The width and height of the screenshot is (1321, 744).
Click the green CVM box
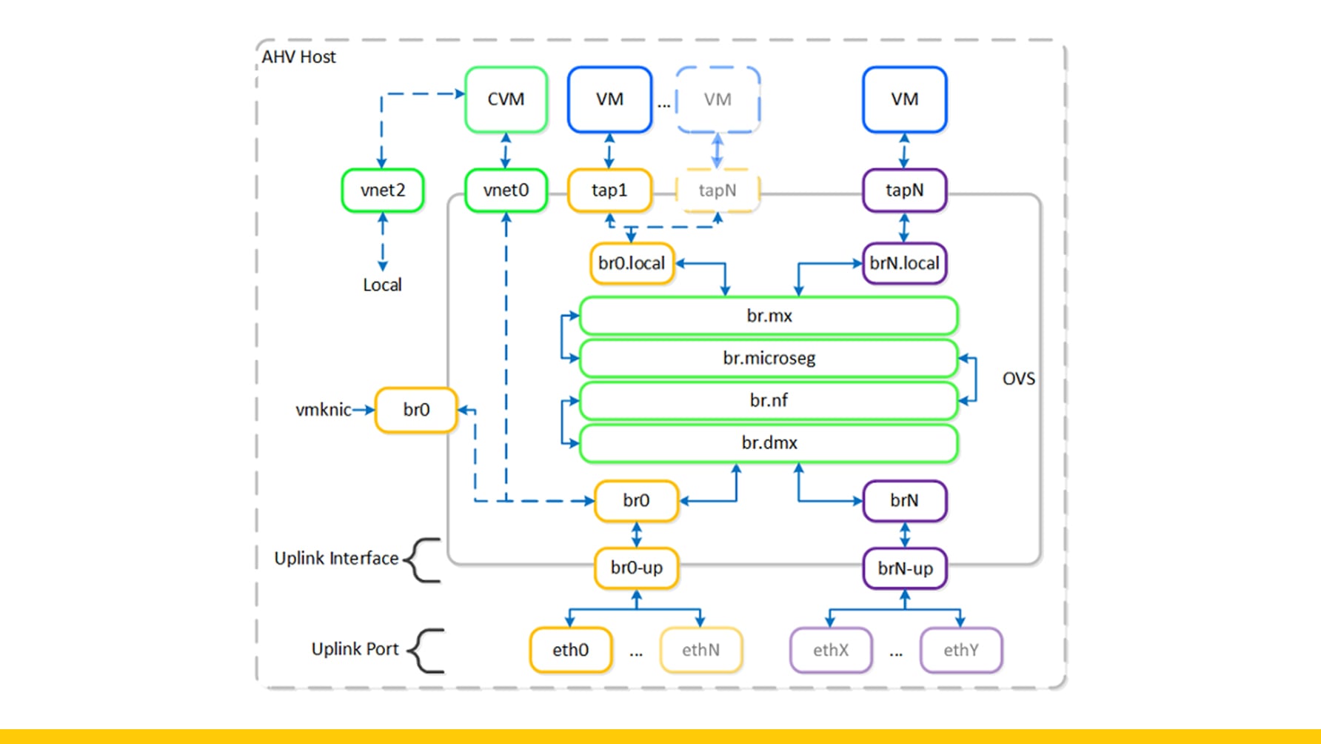pos(506,99)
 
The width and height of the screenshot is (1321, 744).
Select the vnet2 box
pos(382,190)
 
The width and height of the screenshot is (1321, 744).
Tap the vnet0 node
pos(506,190)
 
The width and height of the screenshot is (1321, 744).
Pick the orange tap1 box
pos(609,190)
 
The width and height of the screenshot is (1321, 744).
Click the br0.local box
pos(632,263)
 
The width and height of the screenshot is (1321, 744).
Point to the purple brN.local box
pos(904,263)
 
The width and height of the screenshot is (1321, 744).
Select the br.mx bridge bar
pos(769,316)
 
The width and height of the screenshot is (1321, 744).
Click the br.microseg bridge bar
pos(769,358)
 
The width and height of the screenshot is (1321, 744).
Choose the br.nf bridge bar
pos(769,400)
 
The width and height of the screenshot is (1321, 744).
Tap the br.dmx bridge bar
pos(769,442)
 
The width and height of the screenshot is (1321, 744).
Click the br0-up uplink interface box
pos(636,568)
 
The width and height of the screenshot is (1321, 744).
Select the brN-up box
pos(905,568)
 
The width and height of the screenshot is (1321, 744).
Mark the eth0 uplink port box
pos(570,650)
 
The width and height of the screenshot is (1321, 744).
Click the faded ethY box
pos(960,650)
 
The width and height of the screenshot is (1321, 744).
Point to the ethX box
pos(830,650)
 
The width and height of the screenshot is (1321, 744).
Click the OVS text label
pos(1018,379)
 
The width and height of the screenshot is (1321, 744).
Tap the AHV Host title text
pos(298,57)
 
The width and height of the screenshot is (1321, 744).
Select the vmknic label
pos(323,410)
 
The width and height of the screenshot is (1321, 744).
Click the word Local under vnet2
pos(382,285)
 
